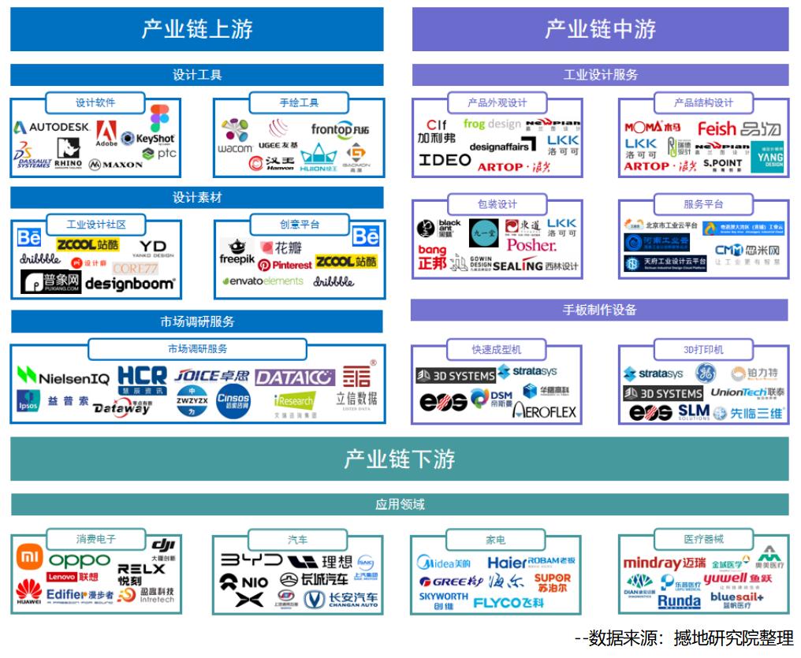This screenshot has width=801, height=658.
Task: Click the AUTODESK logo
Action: click(53, 127)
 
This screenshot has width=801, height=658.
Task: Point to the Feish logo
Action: click(717, 128)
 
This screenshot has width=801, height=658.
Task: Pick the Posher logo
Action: click(531, 245)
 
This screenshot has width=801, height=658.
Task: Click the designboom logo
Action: click(130, 283)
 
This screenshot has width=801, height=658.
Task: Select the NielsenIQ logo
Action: click(64, 377)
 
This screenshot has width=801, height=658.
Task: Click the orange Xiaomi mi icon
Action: click(30, 558)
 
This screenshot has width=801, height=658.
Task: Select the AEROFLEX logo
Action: click(545, 411)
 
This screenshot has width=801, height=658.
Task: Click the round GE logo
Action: click(705, 373)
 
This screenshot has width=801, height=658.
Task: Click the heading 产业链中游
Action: click(600, 29)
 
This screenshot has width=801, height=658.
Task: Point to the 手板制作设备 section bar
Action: click(599, 310)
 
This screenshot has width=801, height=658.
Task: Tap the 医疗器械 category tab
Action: click(703, 539)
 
